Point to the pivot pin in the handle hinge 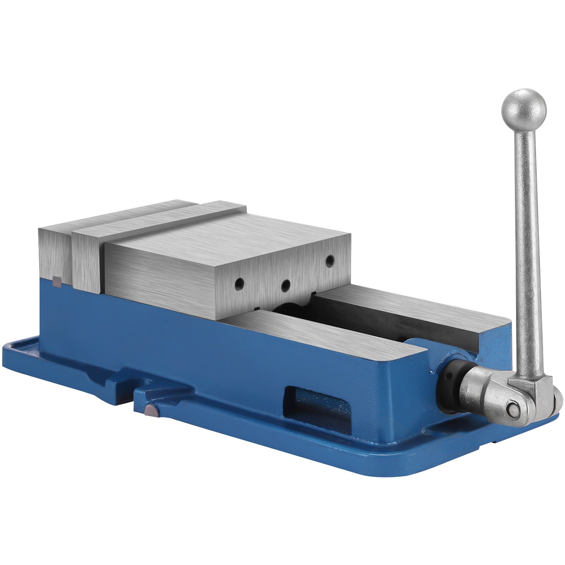pyautogui.click(x=512, y=409)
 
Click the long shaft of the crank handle pyautogui.click(x=527, y=247)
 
